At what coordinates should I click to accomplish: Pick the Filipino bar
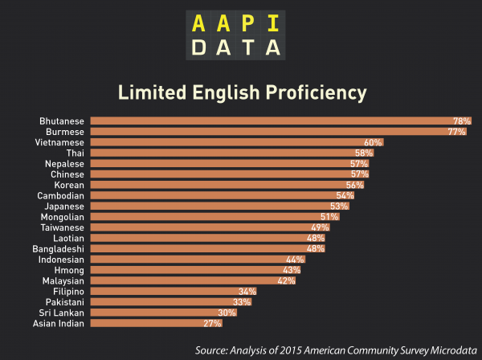click(169, 292)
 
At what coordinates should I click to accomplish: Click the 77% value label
click(457, 131)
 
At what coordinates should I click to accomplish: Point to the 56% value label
click(355, 185)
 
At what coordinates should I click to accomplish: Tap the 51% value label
click(329, 217)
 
